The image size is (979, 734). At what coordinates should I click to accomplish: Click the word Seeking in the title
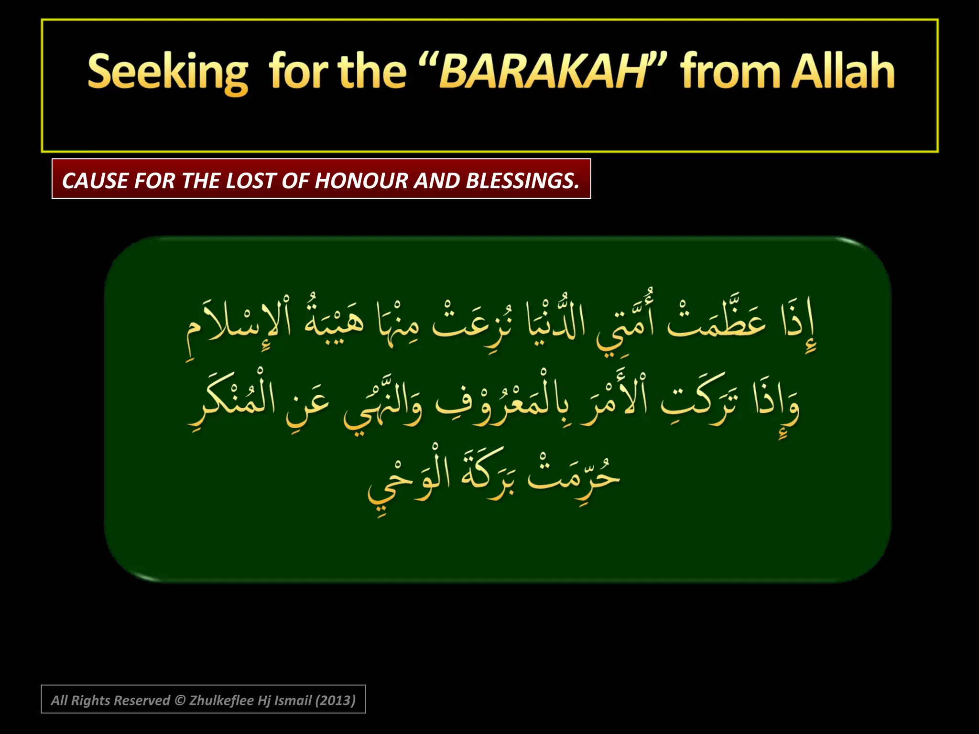168,73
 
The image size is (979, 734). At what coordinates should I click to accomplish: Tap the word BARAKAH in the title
543,73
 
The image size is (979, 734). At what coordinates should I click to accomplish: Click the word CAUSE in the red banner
95,181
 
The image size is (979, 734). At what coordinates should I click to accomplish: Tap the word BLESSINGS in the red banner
522,181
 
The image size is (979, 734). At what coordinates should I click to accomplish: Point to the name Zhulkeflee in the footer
221,700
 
